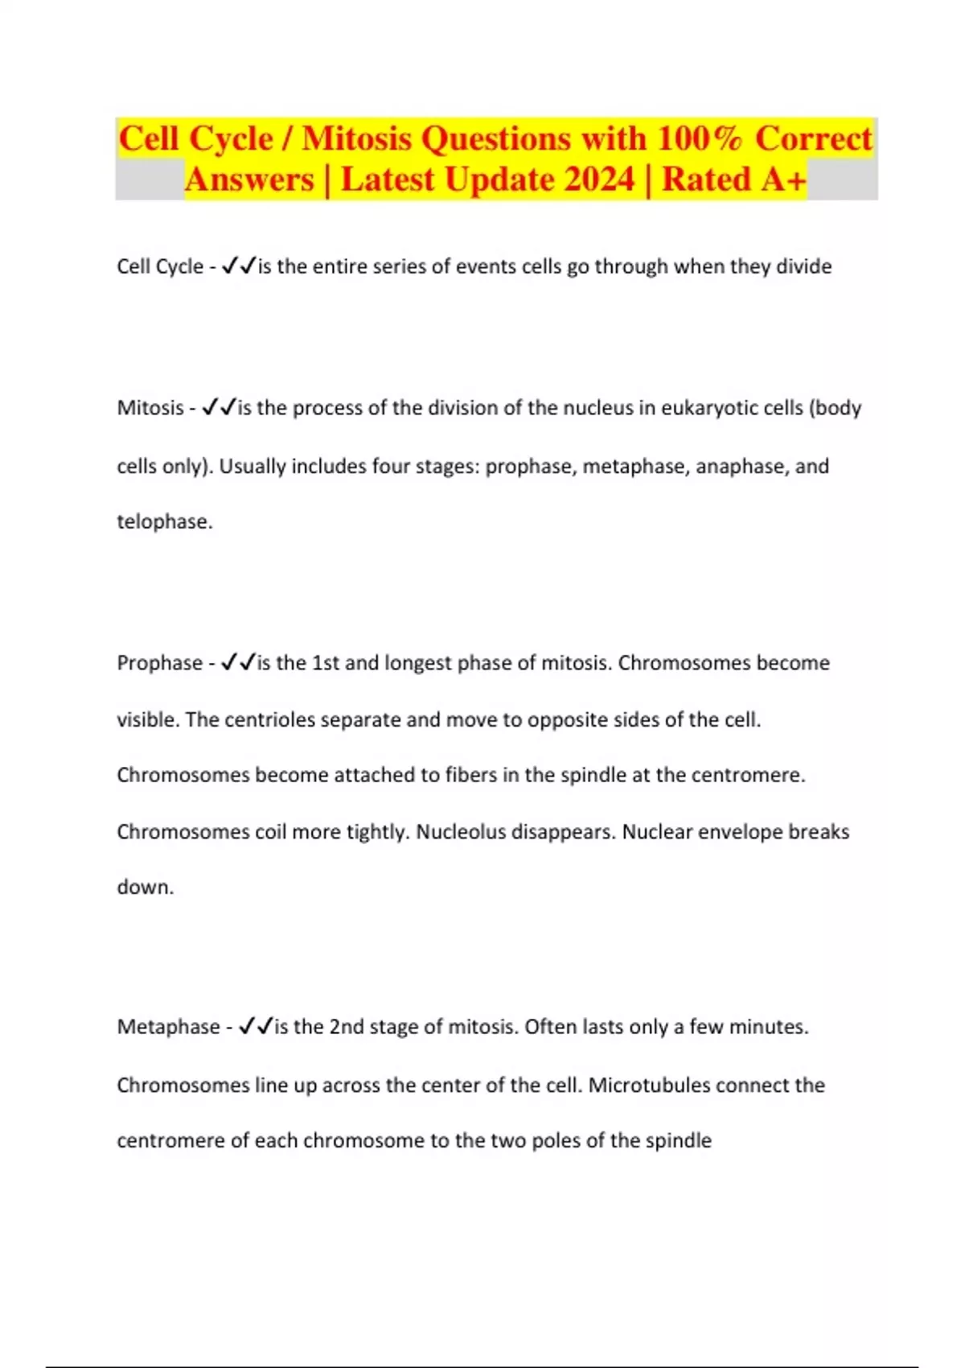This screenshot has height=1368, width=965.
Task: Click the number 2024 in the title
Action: click(599, 179)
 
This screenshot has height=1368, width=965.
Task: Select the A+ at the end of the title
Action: click(778, 179)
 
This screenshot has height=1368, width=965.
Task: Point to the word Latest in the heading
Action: click(388, 179)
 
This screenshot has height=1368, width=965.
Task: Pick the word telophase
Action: click(163, 521)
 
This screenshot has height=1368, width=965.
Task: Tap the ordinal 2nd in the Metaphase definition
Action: click(347, 1027)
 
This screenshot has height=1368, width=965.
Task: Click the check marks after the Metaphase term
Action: click(256, 1027)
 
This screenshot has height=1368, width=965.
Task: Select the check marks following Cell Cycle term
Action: click(237, 266)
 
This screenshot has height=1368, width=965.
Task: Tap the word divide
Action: click(803, 266)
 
